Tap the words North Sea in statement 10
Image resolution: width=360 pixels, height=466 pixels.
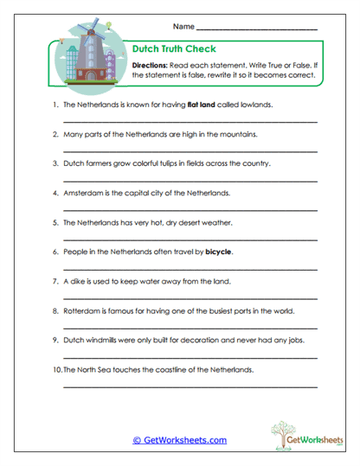96,370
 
